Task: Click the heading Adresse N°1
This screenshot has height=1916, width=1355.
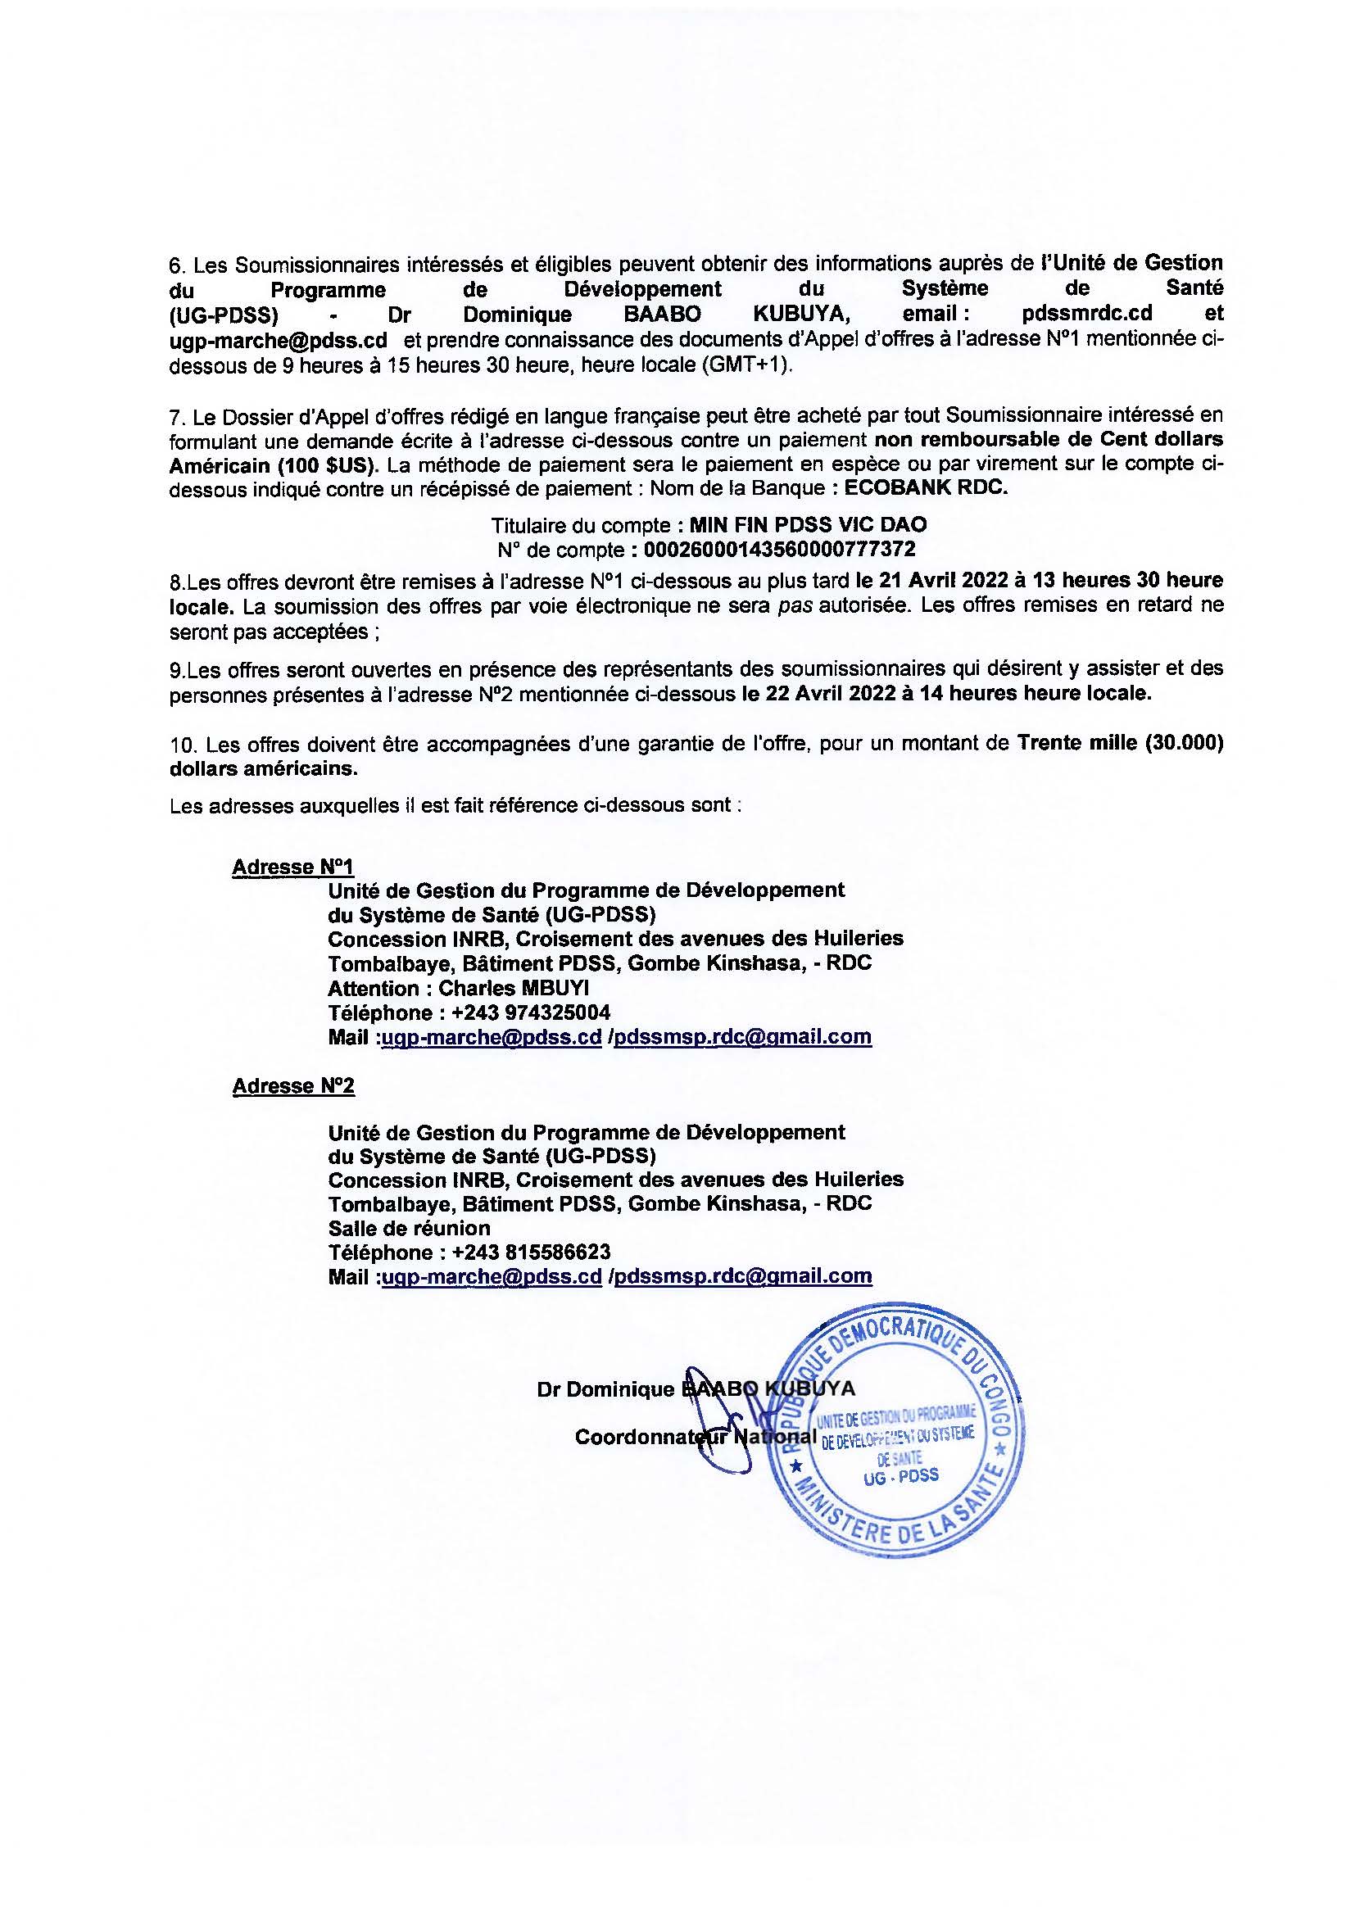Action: click(292, 866)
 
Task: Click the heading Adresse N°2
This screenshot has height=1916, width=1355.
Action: click(292, 1085)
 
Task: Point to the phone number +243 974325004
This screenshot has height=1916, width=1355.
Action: click(531, 1012)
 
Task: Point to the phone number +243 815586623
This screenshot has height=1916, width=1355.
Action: click(531, 1252)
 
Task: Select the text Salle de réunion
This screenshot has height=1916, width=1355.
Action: click(409, 1228)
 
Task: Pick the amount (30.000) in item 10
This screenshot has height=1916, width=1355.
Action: click(1184, 744)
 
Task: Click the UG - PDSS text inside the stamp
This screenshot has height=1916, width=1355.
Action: click(902, 1474)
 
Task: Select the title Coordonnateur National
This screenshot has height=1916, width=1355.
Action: click(695, 1436)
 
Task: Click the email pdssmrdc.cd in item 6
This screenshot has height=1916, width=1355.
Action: click(1081, 314)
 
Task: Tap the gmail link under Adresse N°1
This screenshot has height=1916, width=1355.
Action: click(742, 1036)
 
